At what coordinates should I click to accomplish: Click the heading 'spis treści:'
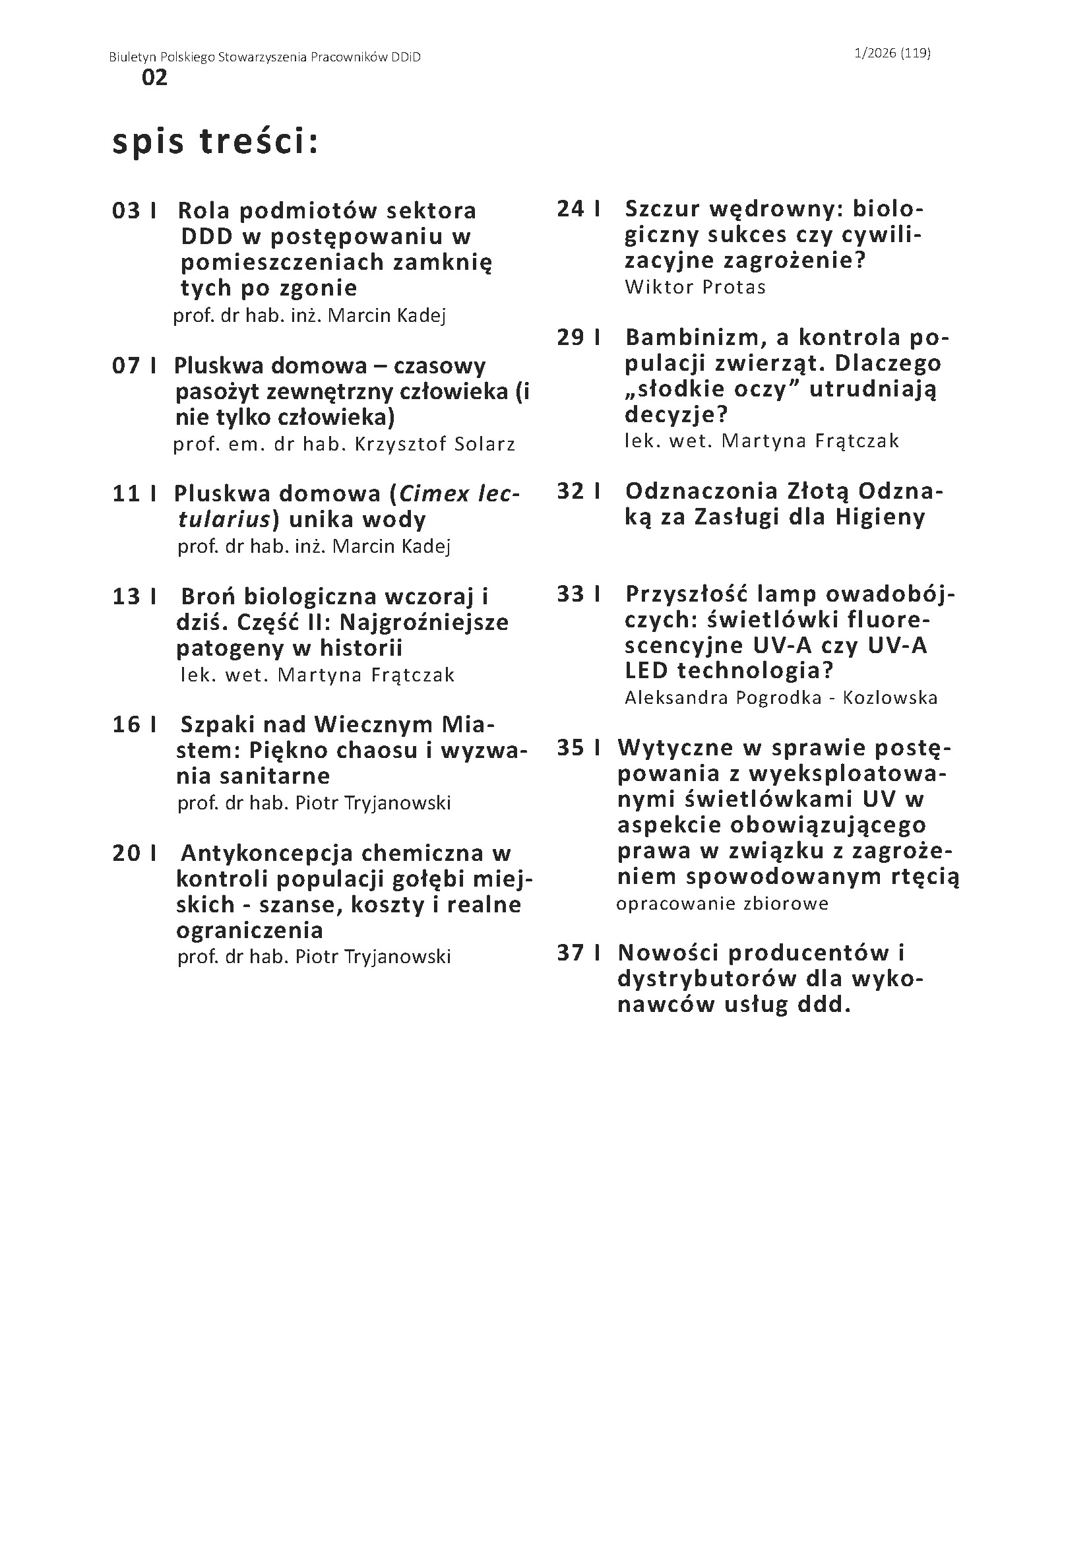tap(215, 142)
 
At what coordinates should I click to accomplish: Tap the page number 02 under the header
tap(154, 79)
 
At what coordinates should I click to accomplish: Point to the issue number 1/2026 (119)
tap(892, 53)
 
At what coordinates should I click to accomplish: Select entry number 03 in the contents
tap(126, 211)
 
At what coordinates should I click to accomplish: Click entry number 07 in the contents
tap(126, 365)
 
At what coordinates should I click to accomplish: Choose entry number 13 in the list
tap(126, 596)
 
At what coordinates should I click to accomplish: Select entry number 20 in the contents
tap(126, 853)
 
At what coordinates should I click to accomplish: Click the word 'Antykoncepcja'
tap(266, 854)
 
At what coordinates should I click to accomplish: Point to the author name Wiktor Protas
tap(695, 287)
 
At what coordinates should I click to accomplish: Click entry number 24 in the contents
tap(571, 209)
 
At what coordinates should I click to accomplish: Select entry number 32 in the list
tap(571, 491)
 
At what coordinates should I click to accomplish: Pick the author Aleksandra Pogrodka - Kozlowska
tap(780, 697)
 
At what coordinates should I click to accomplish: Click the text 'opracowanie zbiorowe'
tap(722, 904)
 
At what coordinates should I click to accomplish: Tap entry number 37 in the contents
tap(571, 953)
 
